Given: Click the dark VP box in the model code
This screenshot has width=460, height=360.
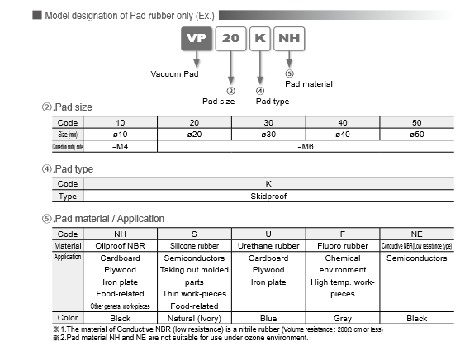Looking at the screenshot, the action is pyautogui.click(x=196, y=40).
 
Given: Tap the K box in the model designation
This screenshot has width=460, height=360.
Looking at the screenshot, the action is pyautogui.click(x=259, y=40).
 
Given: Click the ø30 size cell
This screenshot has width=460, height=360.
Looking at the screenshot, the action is pyautogui.click(x=268, y=134).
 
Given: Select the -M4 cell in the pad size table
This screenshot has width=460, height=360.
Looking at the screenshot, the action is pyautogui.click(x=120, y=145).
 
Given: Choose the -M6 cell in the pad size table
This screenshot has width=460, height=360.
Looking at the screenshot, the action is pyautogui.click(x=306, y=145).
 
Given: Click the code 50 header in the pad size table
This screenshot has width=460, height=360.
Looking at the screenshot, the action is pyautogui.click(x=416, y=122).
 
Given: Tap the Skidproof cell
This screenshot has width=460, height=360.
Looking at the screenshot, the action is pyautogui.click(x=268, y=197).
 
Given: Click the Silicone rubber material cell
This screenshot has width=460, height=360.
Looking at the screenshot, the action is pyautogui.click(x=193, y=246).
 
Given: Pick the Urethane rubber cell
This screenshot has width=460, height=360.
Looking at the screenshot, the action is pyautogui.click(x=268, y=246).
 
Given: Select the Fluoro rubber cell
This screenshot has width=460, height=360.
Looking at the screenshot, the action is pyautogui.click(x=342, y=246).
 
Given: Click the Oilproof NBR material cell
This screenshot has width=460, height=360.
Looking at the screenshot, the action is pyautogui.click(x=120, y=246).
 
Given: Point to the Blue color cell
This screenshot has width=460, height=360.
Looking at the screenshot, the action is pyautogui.click(x=268, y=318).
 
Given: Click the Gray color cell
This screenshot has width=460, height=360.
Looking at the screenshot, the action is pyautogui.click(x=342, y=318).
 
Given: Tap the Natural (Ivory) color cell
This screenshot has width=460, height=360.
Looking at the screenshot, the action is pyautogui.click(x=193, y=318).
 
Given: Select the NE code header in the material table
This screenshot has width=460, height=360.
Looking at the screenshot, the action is pyautogui.click(x=416, y=234).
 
